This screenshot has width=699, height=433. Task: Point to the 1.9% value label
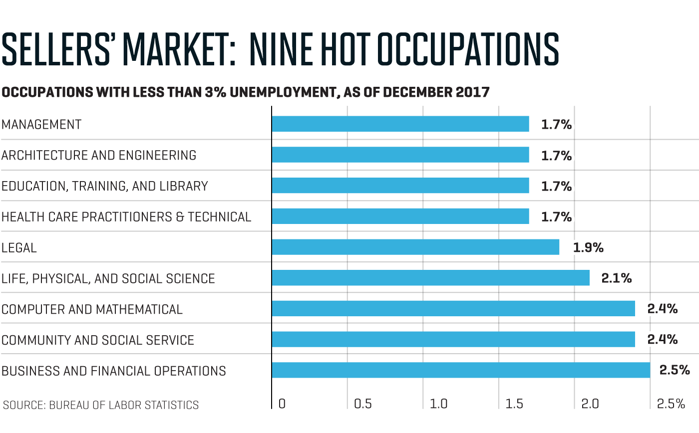point(588,247)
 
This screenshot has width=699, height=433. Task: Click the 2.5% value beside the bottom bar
point(675,370)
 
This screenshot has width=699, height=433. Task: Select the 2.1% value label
point(617,278)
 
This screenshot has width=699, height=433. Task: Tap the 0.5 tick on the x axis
point(362,404)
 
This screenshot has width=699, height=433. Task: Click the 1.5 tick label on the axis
point(514,404)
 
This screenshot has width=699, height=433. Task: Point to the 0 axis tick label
point(282,404)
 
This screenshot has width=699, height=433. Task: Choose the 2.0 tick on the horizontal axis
point(590,404)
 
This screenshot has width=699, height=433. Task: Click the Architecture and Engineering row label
point(99,155)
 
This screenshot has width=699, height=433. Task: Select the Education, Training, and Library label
point(104,186)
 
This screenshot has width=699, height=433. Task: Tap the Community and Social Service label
point(98,340)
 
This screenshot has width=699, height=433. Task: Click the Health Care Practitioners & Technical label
point(126,217)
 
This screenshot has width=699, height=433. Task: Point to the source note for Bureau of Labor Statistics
point(101,405)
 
